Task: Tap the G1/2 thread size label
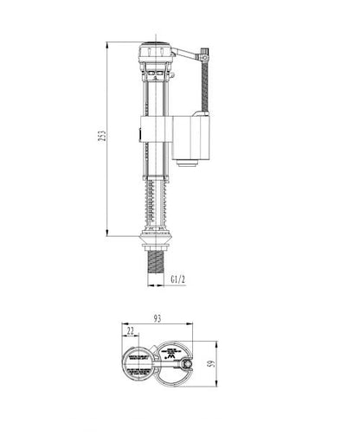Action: point(178,279)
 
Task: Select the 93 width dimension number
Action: point(157,319)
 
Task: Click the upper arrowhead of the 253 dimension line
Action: point(107,42)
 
